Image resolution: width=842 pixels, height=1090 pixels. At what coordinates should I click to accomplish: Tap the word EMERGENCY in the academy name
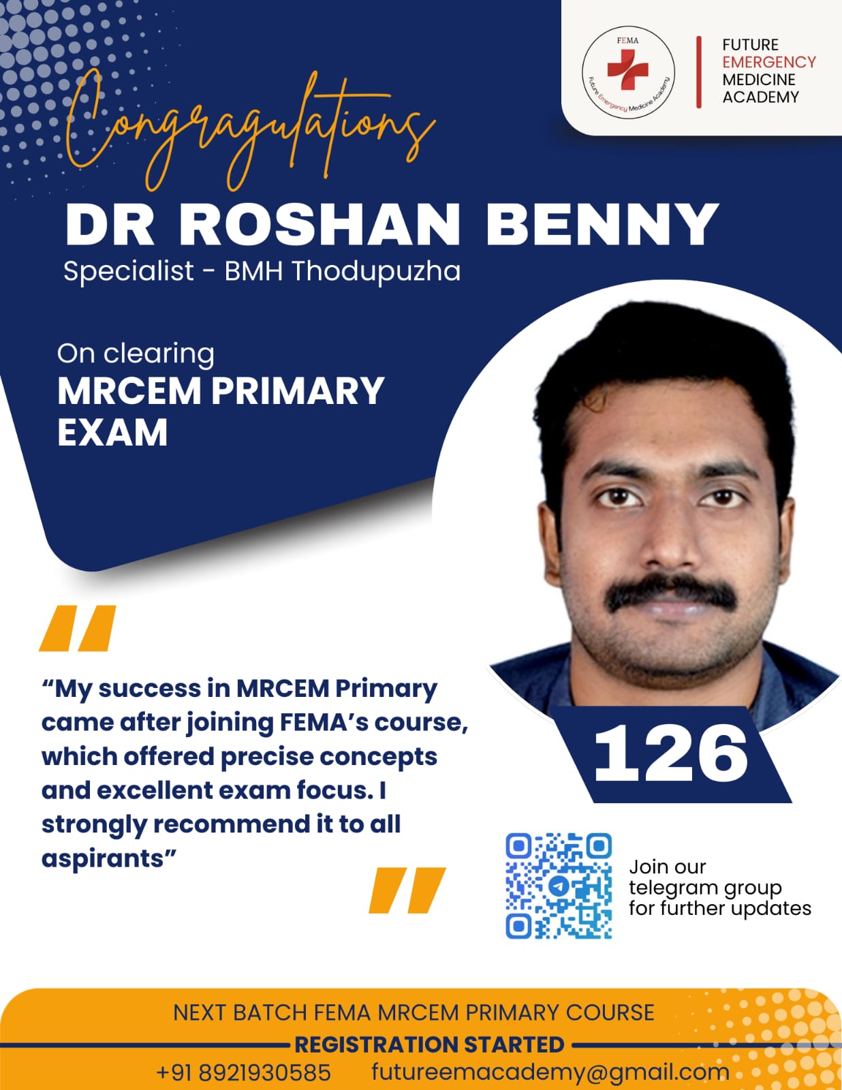point(769,62)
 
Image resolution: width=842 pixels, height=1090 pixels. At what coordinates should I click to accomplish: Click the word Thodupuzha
point(376,271)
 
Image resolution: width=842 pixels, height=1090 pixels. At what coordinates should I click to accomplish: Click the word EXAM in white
point(112,433)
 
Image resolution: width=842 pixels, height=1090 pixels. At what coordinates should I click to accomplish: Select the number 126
point(671,754)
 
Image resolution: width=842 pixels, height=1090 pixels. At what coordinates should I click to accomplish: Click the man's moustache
point(671,593)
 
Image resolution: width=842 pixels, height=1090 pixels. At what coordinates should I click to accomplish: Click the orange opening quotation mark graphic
point(78,628)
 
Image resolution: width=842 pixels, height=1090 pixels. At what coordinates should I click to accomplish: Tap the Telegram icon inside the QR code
point(558,886)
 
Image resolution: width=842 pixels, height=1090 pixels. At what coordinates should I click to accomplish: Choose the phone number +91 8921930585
point(244,1072)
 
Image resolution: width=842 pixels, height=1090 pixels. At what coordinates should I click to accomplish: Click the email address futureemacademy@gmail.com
point(550,1072)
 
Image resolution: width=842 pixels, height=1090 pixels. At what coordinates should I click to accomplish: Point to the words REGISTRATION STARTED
point(429,1045)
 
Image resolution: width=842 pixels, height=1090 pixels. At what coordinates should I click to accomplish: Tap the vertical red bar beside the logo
point(698,72)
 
